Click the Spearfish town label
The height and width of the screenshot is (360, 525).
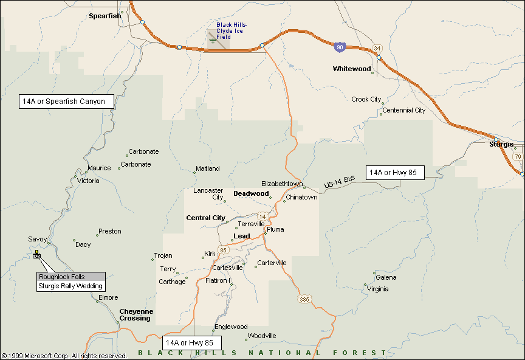pyautogui.click(x=105, y=16)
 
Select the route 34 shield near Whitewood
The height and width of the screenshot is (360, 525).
pyautogui.click(x=377, y=48)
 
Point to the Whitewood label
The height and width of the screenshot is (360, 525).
pyautogui.click(x=352, y=69)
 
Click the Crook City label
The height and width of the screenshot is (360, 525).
pyautogui.click(x=366, y=99)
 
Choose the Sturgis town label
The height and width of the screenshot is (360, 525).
pyautogui.click(x=501, y=144)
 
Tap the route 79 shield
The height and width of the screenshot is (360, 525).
pyautogui.click(x=517, y=157)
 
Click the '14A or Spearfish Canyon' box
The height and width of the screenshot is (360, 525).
pyautogui.click(x=66, y=102)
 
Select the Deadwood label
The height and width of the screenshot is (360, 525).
pyautogui.click(x=251, y=193)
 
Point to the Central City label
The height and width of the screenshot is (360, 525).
pyautogui.click(x=205, y=218)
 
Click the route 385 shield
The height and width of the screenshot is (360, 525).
pyautogui.click(x=304, y=299)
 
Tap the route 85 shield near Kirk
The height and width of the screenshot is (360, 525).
pyautogui.click(x=224, y=250)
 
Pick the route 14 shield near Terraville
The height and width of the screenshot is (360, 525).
pyautogui.click(x=262, y=216)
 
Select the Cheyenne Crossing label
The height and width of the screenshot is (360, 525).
pyautogui.click(x=135, y=314)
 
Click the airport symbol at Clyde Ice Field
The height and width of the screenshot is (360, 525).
pyautogui.click(x=213, y=40)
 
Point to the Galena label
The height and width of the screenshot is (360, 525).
pyautogui.click(x=386, y=277)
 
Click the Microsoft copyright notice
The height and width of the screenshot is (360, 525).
pyautogui.click(x=64, y=356)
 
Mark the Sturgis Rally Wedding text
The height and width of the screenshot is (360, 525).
pyautogui.click(x=70, y=286)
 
